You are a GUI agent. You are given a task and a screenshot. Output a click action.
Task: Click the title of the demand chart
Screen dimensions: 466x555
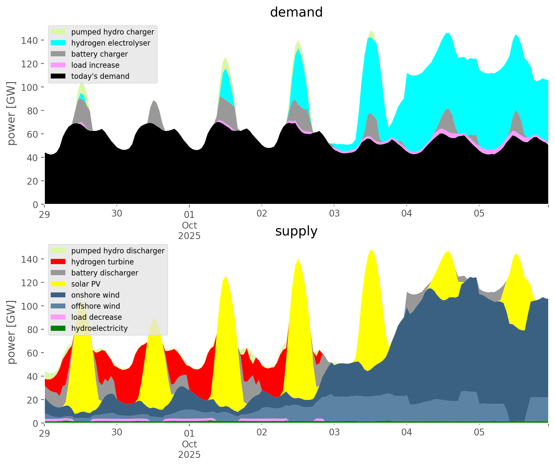[x=296, y=12]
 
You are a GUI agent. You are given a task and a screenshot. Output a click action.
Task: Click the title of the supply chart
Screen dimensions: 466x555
[x=296, y=231]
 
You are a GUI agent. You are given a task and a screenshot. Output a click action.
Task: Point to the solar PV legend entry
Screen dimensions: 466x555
[x=86, y=284]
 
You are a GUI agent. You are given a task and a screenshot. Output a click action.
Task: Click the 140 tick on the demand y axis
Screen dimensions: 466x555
[x=28, y=40]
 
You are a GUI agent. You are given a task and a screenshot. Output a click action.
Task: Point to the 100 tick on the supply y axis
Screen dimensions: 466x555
[x=28, y=306]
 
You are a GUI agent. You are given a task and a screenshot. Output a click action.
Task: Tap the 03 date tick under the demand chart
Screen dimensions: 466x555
[x=334, y=214]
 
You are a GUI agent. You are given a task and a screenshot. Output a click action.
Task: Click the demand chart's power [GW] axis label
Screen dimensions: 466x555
[x=12, y=113]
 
